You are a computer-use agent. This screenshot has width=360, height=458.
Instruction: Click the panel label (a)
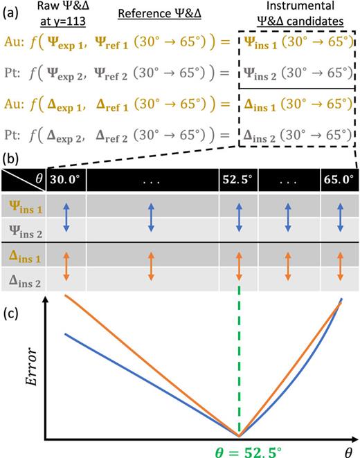coord(11,13)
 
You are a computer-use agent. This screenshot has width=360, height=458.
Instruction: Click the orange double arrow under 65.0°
coord(341,266)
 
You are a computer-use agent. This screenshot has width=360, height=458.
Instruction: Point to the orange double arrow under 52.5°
coord(239,266)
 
